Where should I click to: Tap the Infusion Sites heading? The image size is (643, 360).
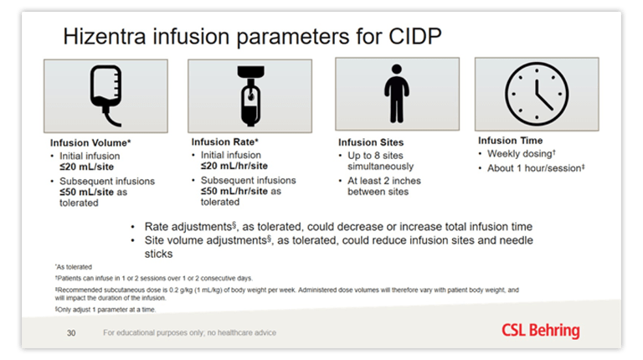tap(371, 143)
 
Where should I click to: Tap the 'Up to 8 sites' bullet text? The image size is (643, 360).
tap(377, 157)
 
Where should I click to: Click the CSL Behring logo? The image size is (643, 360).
tap(540, 330)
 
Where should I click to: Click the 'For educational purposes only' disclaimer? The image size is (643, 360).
tap(189, 333)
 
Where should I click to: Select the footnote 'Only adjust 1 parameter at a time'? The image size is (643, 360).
tap(100, 308)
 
